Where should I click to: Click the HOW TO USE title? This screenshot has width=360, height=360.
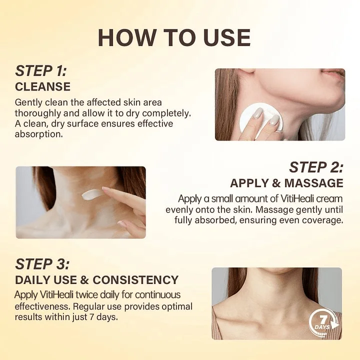pos(174,37)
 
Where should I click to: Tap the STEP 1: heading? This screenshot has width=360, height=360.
pos(40,70)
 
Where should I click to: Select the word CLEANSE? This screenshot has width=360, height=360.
pos(42,87)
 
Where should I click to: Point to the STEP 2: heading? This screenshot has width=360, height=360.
pos(316,167)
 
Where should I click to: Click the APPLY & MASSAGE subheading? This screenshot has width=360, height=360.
pos(287,183)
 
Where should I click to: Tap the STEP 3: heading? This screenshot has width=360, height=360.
pos(42,264)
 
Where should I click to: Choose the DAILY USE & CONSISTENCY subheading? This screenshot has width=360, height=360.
pos(96,280)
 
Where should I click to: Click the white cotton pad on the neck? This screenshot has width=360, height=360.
pos(261,120)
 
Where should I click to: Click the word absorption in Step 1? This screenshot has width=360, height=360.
pos(39,134)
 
